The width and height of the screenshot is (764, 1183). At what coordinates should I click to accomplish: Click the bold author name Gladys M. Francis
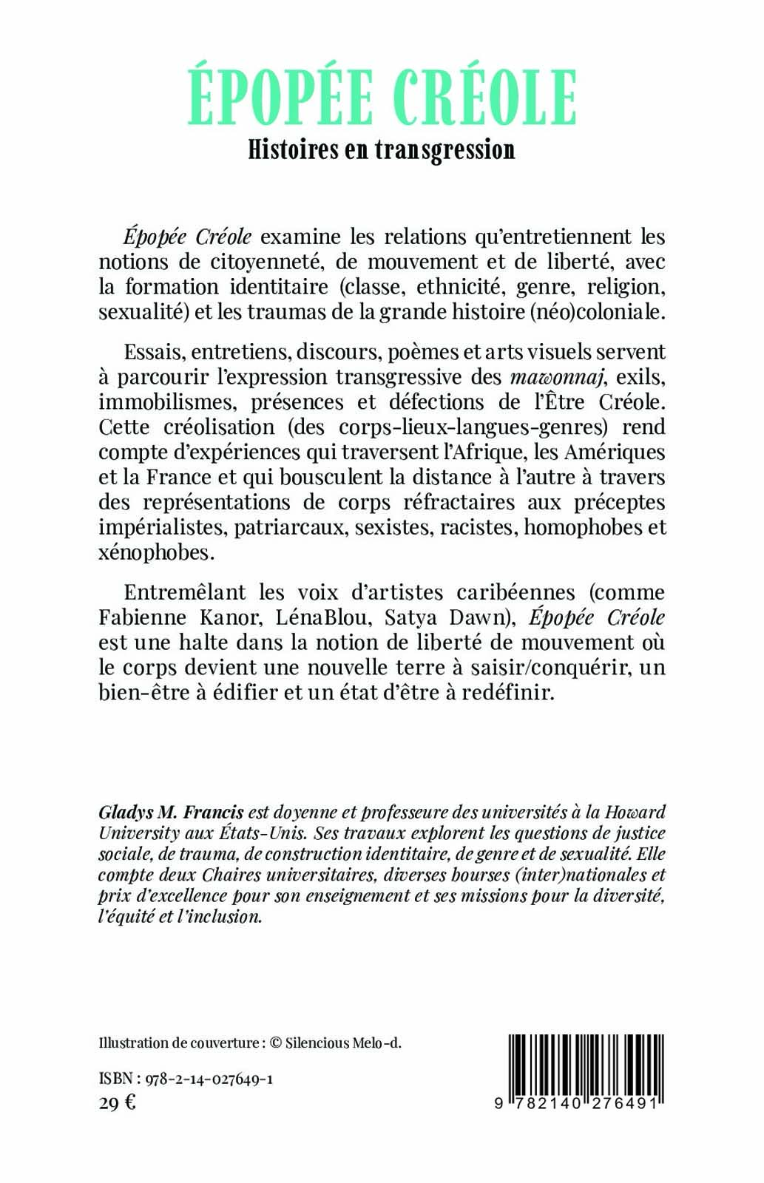171,812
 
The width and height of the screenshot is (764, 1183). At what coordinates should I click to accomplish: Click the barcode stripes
584,1065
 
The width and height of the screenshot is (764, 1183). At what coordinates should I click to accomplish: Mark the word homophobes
579,528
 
